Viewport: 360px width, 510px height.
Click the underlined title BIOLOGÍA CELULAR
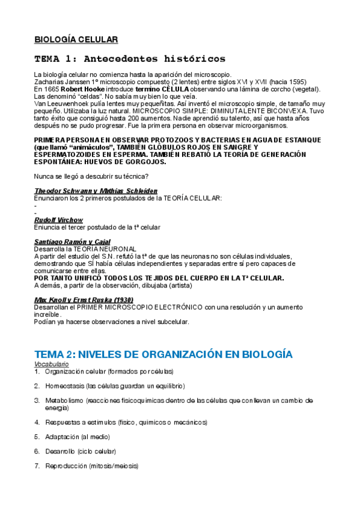pyautogui.click(x=76, y=40)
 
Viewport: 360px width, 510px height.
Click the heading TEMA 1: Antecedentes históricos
pyautogui.click(x=130, y=59)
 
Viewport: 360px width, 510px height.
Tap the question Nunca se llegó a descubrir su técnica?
pyautogui.click(x=92, y=176)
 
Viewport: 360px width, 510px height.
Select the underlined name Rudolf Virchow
pyautogui.click(x=59, y=220)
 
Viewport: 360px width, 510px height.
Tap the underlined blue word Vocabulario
pyautogui.click(x=51, y=364)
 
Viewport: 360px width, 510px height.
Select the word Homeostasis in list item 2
pyautogui.click(x=64, y=386)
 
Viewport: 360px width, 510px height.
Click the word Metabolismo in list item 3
pyautogui.click(x=64, y=400)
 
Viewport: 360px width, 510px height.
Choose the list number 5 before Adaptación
pyautogui.click(x=37, y=436)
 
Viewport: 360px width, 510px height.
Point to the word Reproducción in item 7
pyautogui.click(x=66, y=465)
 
